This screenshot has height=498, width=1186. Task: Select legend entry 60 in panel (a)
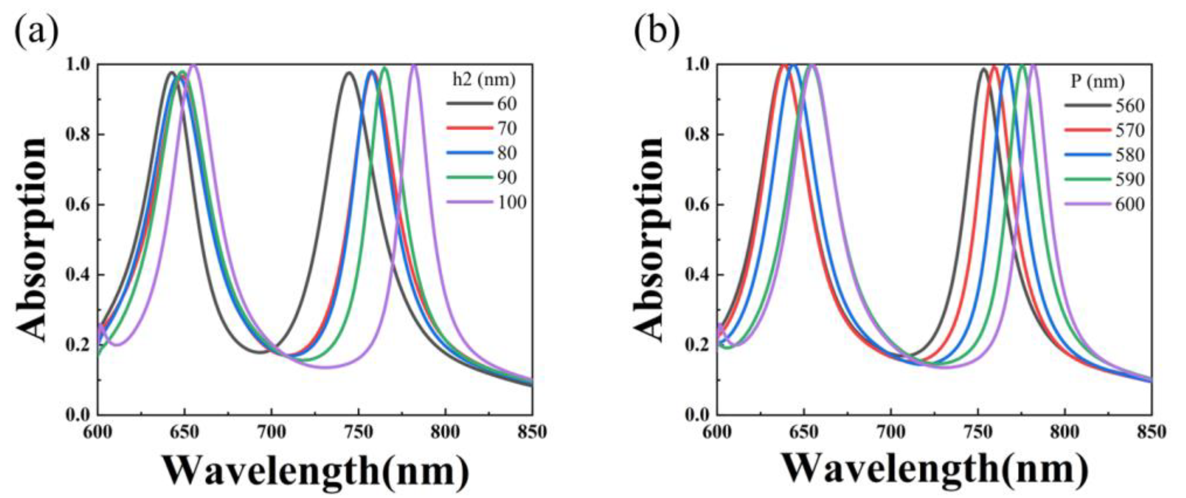pos(507,104)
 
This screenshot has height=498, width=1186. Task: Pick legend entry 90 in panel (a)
pos(507,177)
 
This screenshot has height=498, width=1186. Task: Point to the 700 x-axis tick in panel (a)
pos(271,432)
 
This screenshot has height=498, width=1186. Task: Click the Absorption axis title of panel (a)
pos(32,239)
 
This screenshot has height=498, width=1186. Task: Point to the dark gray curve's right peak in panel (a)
pos(349,73)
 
